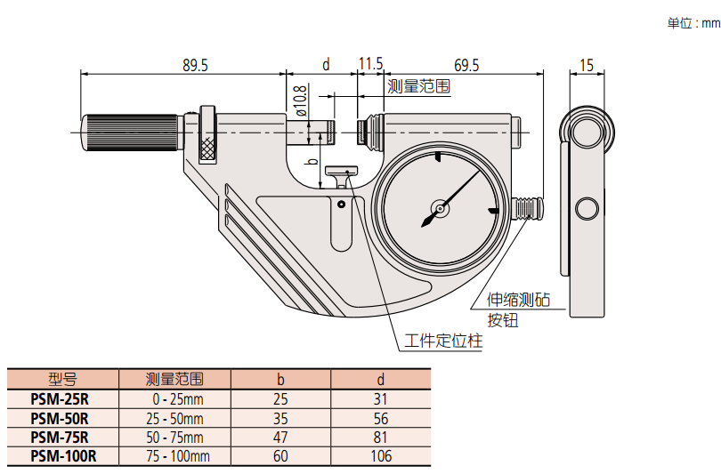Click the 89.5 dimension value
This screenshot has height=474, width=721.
[x=195, y=65]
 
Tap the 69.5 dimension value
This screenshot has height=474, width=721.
[x=466, y=65]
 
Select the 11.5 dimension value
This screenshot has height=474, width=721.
[x=370, y=64]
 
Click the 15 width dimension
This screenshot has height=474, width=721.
[x=586, y=65]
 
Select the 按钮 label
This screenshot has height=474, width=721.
[x=502, y=320]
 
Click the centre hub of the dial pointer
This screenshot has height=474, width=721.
[x=438, y=211]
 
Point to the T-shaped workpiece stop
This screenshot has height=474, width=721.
[x=340, y=174]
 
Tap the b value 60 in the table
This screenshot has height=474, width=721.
[x=280, y=456]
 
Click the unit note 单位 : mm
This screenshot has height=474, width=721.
[x=693, y=23]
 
